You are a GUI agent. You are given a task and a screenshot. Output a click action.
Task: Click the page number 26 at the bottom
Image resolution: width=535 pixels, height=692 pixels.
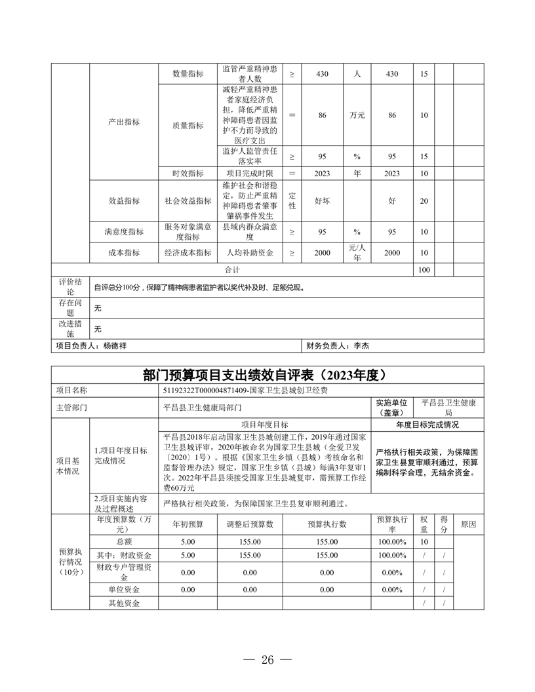click(267, 660)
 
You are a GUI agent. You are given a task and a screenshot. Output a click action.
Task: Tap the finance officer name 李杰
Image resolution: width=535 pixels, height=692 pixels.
click(362, 345)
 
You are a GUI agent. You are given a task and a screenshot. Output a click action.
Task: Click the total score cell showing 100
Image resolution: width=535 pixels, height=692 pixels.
click(424, 269)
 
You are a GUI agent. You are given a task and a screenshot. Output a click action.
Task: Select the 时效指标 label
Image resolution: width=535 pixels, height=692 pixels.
click(188, 173)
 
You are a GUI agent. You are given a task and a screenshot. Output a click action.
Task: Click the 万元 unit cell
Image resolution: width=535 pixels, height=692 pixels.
click(357, 115)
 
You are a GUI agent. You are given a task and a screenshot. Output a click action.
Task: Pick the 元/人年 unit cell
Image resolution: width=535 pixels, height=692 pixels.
click(357, 252)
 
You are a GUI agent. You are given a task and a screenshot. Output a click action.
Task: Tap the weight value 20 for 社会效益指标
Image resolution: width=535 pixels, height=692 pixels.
click(424, 201)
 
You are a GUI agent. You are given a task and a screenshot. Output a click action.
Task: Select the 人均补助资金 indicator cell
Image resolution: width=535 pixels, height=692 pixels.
click(250, 252)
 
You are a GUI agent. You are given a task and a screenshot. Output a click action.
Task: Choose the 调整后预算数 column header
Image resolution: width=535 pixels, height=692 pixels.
click(250, 524)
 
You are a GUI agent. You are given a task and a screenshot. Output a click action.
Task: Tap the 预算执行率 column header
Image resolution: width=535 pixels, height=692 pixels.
click(393, 524)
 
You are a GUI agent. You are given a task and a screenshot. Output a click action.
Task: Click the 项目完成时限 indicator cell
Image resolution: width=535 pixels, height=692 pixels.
click(250, 173)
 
